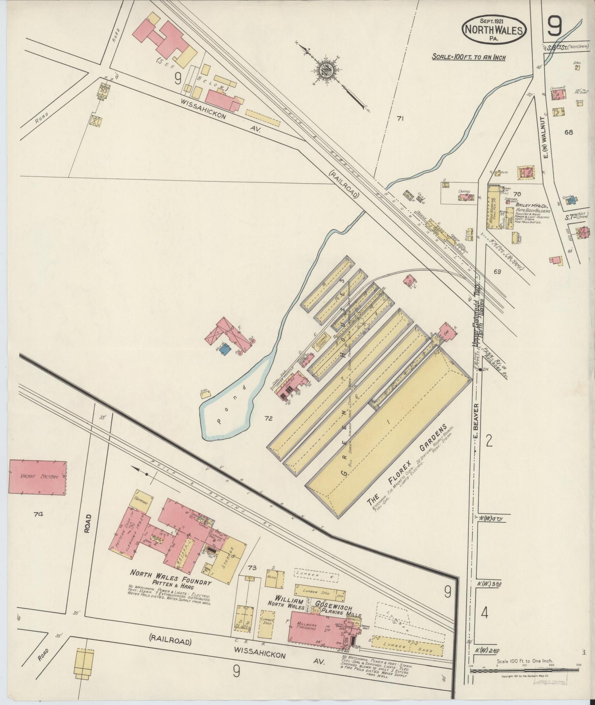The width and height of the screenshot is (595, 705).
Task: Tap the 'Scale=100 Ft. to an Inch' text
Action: click(469, 57)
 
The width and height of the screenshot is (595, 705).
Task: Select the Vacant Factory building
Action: click(37, 477)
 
